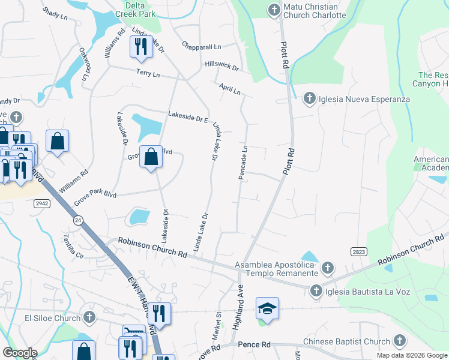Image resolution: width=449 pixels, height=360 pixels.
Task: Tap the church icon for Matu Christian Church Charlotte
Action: pyautogui.click(x=274, y=10)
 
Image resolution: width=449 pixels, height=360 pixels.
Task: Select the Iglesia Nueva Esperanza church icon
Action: pyautogui.click(x=309, y=98)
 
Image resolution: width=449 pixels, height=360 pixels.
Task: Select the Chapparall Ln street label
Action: pyautogui.click(x=202, y=46)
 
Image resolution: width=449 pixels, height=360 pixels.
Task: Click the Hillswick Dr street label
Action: pyautogui.click(x=221, y=65)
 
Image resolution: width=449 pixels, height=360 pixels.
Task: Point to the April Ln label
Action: pyautogui.click(x=229, y=90)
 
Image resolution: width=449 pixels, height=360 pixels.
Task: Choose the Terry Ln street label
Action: pyautogui.click(x=148, y=74)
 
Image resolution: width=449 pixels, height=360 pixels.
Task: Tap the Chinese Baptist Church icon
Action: pyautogui.click(x=399, y=341)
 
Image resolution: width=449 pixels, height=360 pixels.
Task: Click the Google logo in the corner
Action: pyautogui.click(x=20, y=353)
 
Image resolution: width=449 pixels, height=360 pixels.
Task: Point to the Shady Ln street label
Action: pyautogui.click(x=55, y=14)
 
